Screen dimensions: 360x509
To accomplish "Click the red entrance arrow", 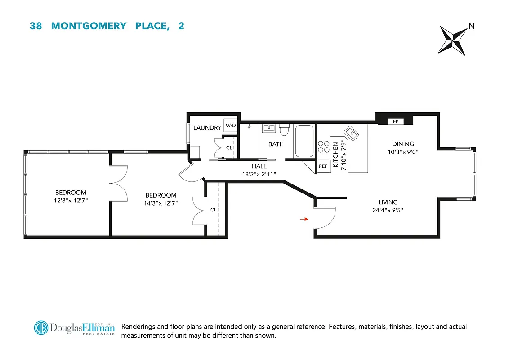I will (x=304, y=219).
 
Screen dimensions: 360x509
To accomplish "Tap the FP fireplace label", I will (x=396, y=121).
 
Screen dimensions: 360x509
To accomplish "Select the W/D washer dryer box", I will (x=231, y=126).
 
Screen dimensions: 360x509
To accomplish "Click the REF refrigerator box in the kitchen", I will (x=323, y=166).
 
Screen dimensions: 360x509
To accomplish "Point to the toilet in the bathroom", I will (x=284, y=130).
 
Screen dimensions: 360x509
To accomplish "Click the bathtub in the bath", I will (x=304, y=141).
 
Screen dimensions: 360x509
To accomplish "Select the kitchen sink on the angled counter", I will (x=351, y=133).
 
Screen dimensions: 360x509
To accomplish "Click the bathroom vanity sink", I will (x=269, y=128).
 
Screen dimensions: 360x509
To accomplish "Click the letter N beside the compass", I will (x=471, y=26).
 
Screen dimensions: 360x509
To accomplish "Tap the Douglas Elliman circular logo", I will (x=41, y=328).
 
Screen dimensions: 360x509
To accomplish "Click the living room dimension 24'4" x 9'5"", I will (x=388, y=209).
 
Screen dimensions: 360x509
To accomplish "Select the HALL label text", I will (x=259, y=166).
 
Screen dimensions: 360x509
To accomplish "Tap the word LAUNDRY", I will (x=207, y=128).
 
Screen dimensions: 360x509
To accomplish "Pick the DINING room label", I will (x=403, y=144).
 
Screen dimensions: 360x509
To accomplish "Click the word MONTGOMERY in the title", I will (x=89, y=26).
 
